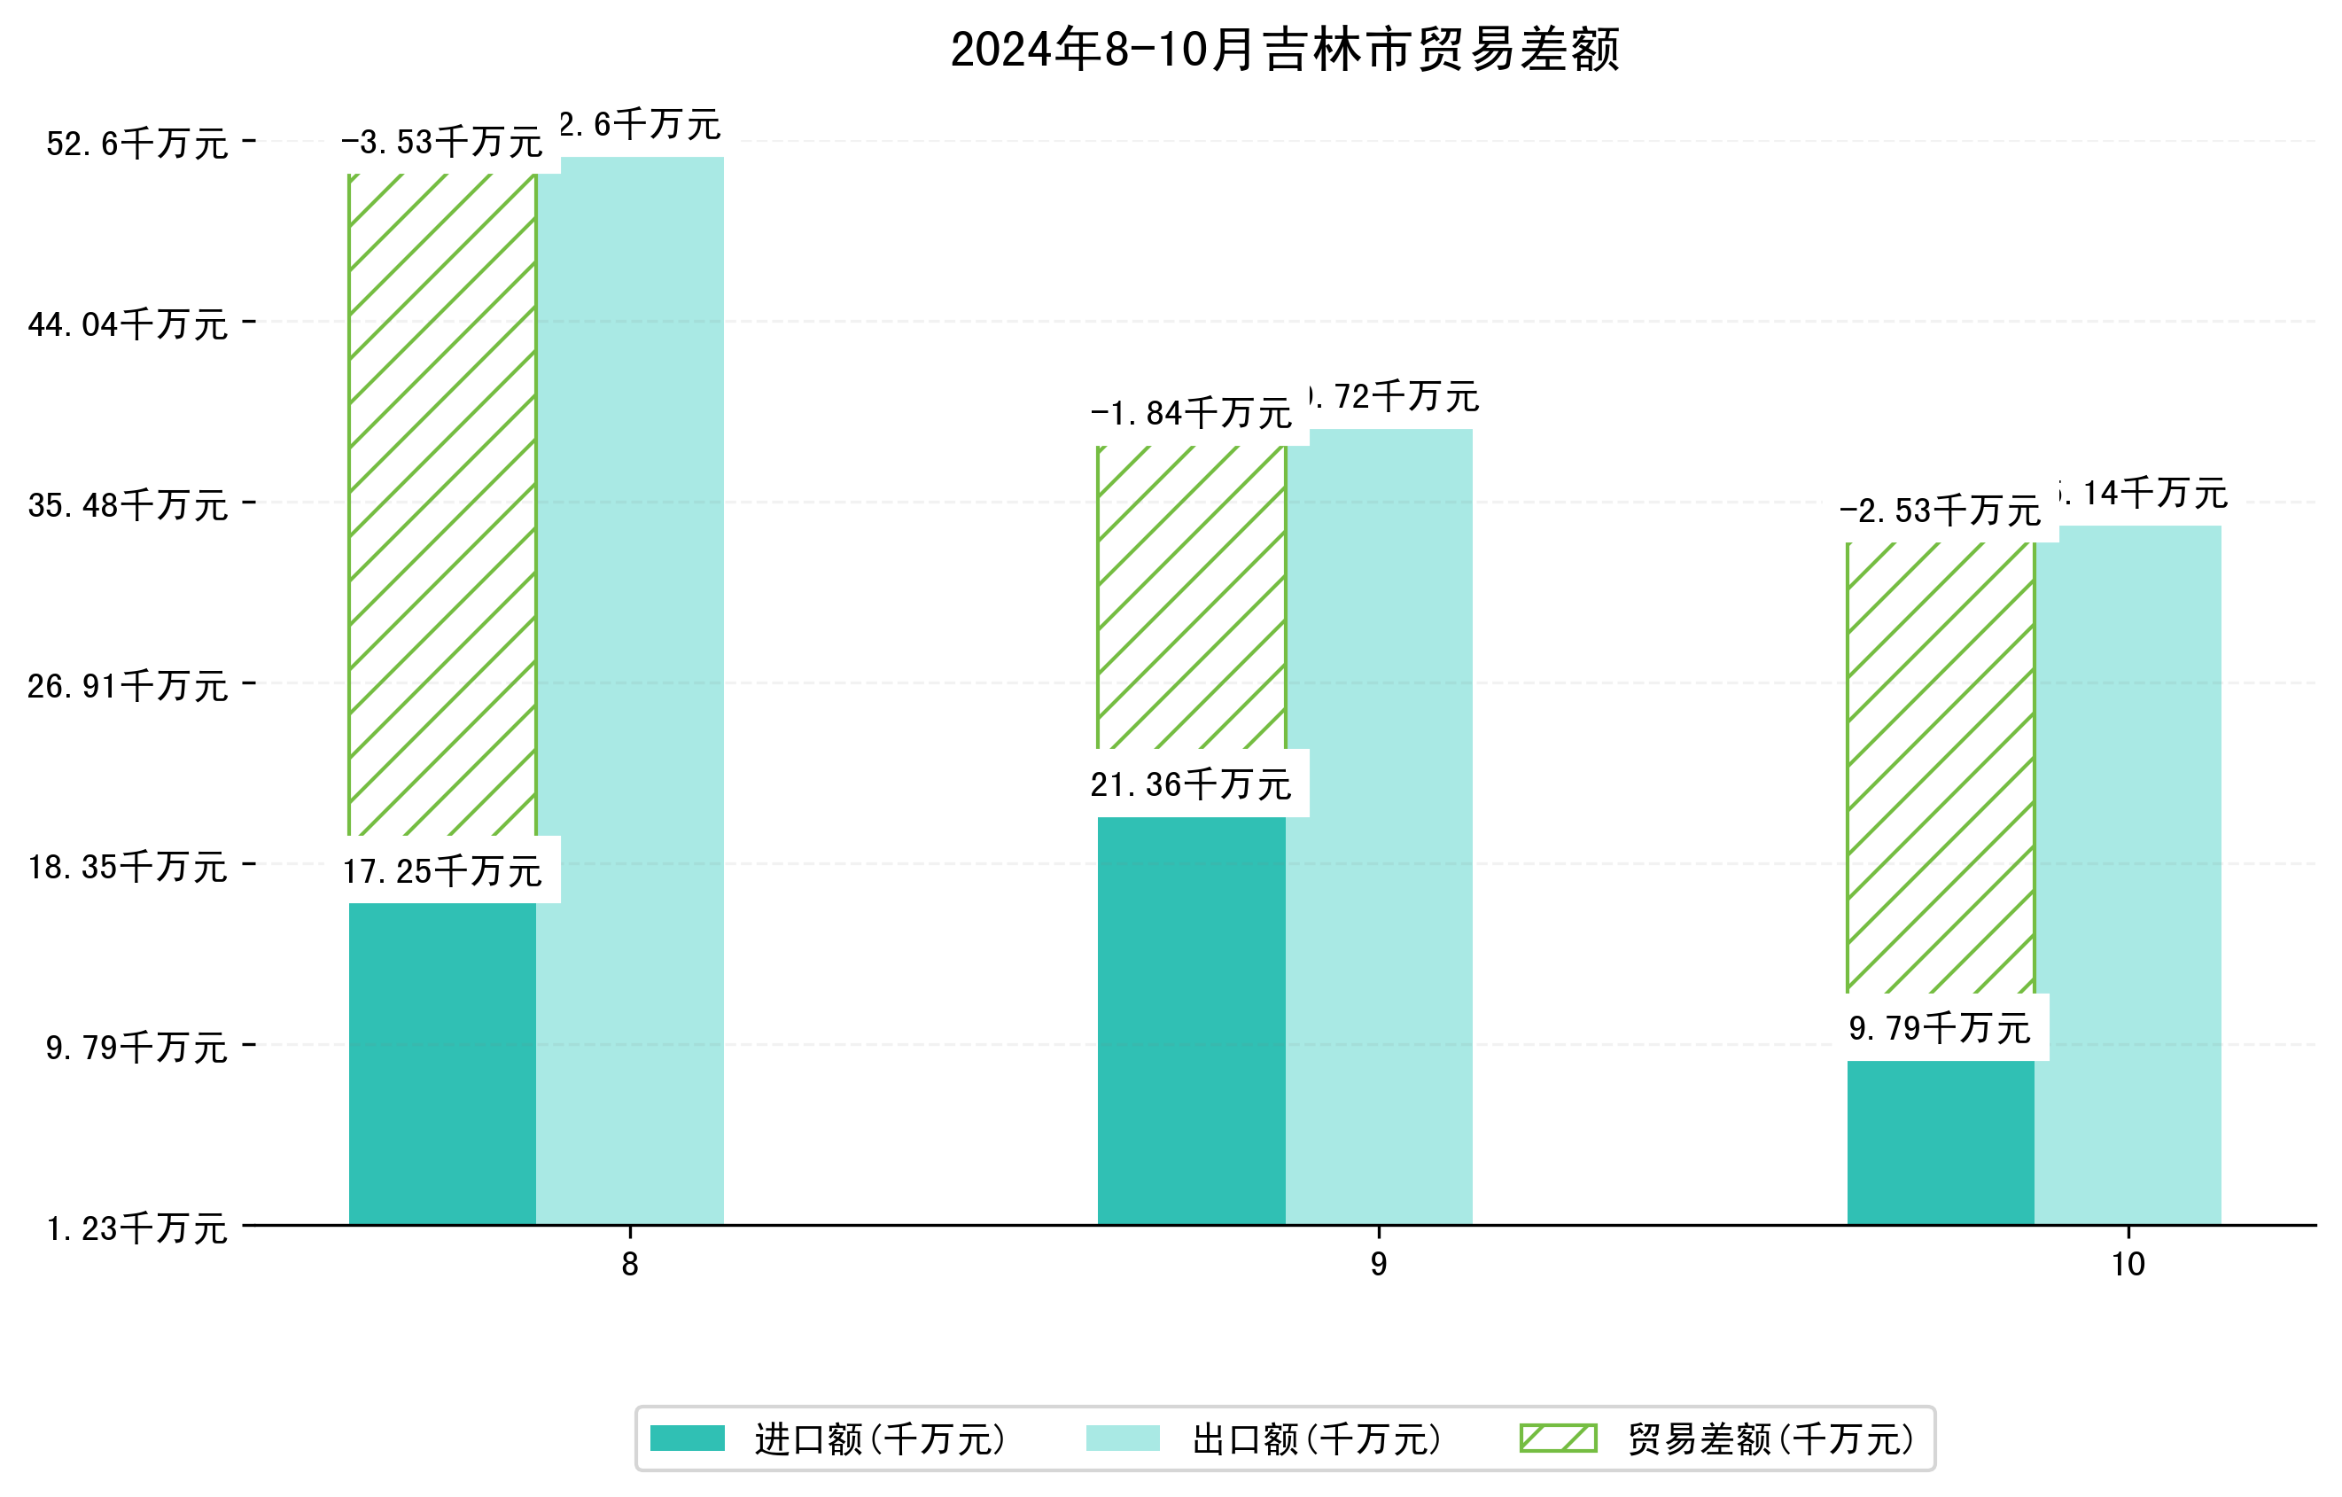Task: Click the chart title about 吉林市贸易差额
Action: (1284, 50)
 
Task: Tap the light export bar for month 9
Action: (1378, 826)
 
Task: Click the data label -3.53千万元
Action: (441, 143)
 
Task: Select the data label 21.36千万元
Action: (1190, 784)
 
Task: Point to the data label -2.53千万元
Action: (1940, 511)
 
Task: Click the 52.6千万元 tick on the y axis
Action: (136, 144)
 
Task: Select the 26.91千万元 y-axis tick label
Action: (128, 686)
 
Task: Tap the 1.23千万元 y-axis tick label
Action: (136, 1228)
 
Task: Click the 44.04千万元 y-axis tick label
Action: (128, 324)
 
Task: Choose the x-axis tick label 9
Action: (1378, 1265)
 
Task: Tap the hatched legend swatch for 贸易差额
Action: (1557, 1438)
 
